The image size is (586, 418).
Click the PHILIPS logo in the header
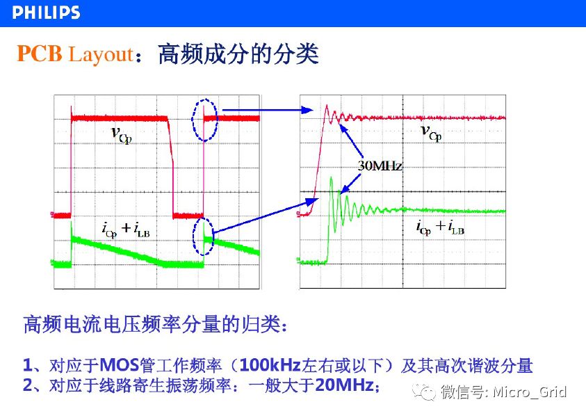click(46, 13)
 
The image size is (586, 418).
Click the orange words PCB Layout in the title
click(75, 54)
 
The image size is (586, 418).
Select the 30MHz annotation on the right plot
click(380, 166)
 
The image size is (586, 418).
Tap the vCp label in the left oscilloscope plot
click(122, 135)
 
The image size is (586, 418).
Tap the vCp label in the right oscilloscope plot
click(431, 133)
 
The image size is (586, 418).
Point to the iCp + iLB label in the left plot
click(126, 230)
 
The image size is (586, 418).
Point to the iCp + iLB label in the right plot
click(440, 227)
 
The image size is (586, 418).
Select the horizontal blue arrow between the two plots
click(268, 110)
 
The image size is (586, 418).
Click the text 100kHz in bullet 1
click(270, 365)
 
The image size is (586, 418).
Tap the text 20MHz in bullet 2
click(344, 385)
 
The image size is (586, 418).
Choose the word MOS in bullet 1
click(120, 365)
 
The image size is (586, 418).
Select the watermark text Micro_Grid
click(530, 392)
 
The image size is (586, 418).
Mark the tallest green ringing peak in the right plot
click(331, 178)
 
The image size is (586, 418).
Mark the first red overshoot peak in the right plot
click(326, 106)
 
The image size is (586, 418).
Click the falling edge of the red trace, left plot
click(171, 166)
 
